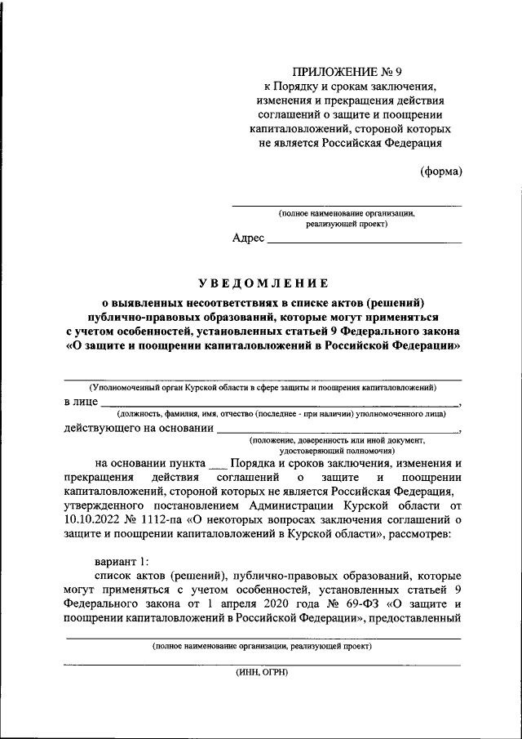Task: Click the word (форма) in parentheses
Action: coord(441,171)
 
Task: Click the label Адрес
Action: coord(248,238)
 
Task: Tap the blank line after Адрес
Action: coord(364,242)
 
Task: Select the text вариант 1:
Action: coord(122,561)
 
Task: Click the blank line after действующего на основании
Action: coord(338,430)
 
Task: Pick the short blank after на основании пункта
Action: coord(217,463)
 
